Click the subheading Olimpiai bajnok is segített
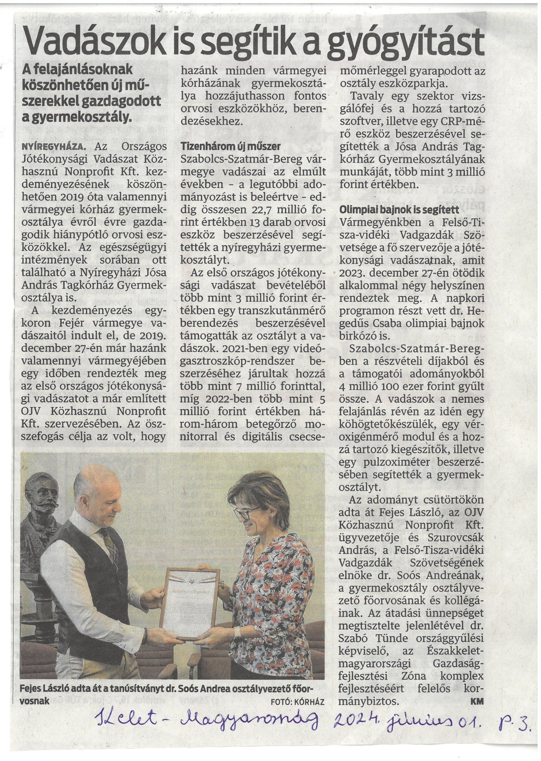point(399,210)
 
